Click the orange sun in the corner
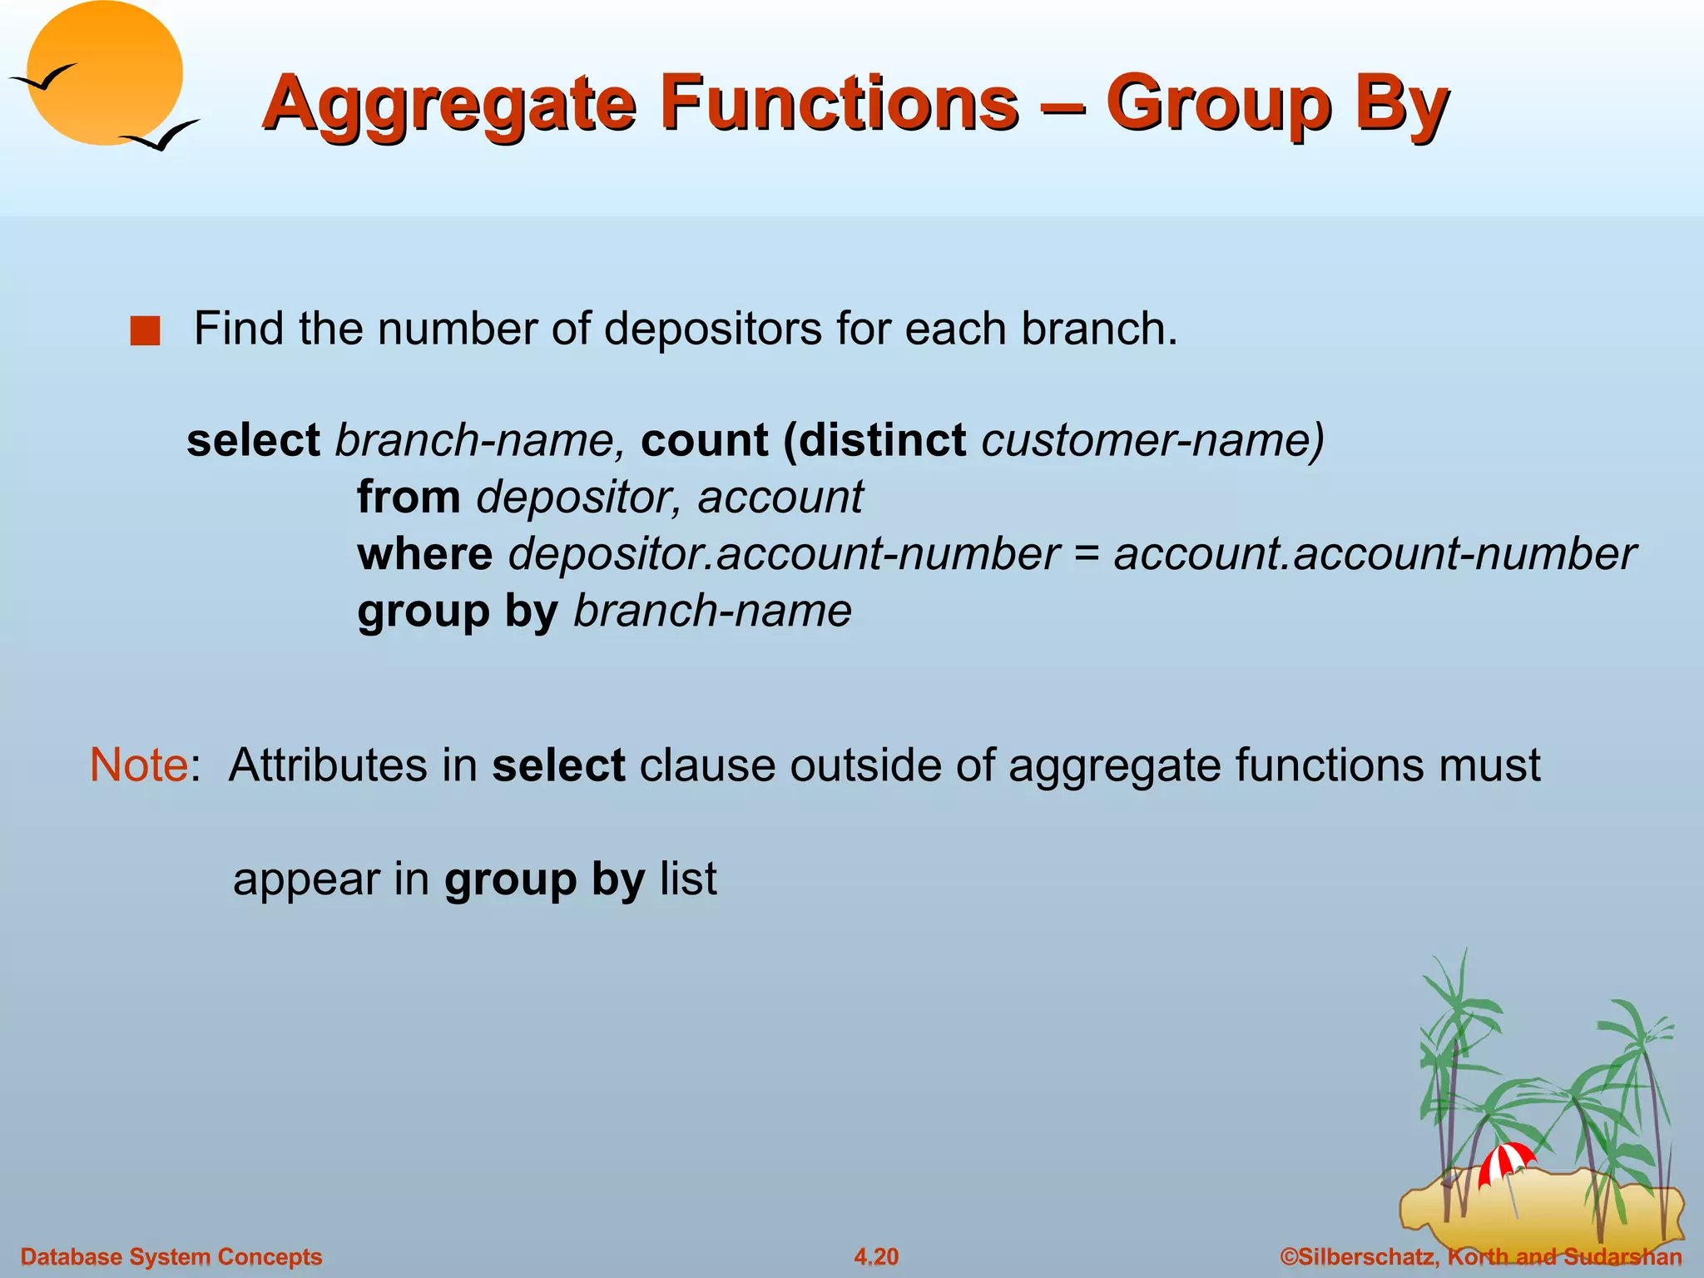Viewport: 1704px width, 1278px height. coord(104,72)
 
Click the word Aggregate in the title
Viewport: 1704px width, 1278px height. coord(450,105)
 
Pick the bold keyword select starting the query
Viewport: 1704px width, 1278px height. coord(253,439)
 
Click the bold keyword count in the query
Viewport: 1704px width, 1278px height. coord(704,439)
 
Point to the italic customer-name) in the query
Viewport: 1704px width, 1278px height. coord(1152,439)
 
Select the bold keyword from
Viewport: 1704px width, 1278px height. coord(409,497)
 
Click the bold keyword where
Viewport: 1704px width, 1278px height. coord(424,553)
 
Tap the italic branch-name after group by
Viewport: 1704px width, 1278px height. coord(712,611)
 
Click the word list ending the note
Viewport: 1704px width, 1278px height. coord(687,879)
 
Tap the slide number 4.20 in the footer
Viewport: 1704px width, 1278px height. coord(876,1256)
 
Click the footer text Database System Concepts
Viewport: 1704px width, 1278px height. coord(171,1256)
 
